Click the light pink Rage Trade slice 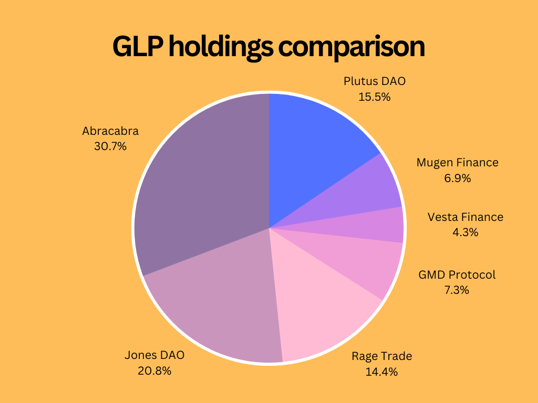(x=320, y=310)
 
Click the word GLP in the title (x=138, y=47)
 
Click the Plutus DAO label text (x=375, y=81)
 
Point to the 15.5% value (x=375, y=97)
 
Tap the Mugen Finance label (x=457, y=163)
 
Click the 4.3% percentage (x=465, y=232)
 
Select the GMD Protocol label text (x=457, y=274)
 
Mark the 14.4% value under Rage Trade (x=381, y=372)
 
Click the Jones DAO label (x=154, y=355)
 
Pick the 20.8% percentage (x=154, y=371)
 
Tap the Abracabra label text (x=110, y=131)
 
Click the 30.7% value (x=110, y=146)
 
